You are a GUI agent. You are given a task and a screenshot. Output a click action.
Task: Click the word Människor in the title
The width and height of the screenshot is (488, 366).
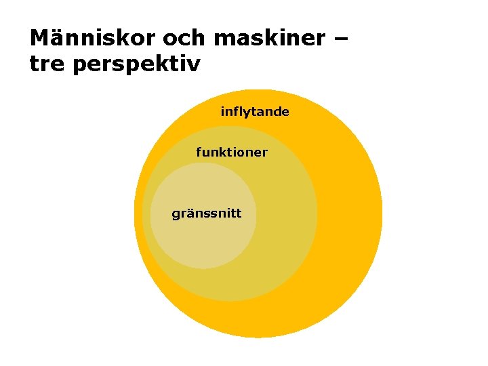tap(84, 39)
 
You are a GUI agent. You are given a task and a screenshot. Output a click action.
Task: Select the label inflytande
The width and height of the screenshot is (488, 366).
tap(255, 112)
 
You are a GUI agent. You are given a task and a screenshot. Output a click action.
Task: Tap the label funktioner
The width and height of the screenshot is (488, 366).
tap(232, 152)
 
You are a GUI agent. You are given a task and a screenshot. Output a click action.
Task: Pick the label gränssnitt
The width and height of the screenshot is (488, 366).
tap(207, 215)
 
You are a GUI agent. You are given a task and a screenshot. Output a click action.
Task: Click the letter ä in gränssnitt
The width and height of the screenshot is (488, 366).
tap(189, 214)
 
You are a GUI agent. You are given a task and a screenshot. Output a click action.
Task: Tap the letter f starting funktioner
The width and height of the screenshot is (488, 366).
tap(199, 152)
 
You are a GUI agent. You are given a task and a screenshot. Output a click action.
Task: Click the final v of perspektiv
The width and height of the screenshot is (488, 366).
tap(195, 65)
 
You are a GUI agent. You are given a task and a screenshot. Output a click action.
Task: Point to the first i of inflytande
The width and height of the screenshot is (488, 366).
tap(223, 112)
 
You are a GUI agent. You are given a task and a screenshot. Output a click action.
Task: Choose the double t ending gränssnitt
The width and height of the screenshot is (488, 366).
tap(236, 214)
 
